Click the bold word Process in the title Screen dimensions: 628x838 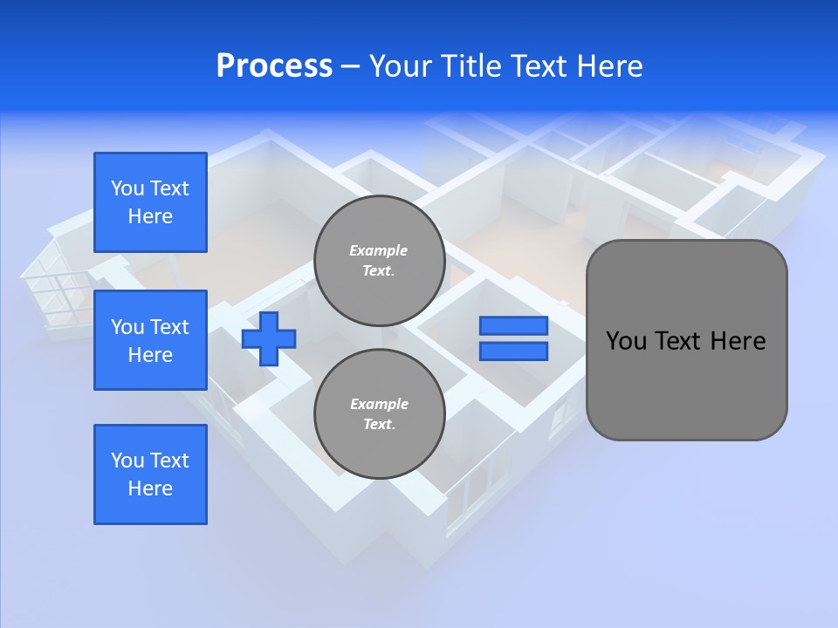[x=274, y=66]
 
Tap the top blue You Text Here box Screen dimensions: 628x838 [x=150, y=202]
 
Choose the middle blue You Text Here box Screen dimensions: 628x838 [x=150, y=340]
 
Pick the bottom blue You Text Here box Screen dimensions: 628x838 [x=150, y=474]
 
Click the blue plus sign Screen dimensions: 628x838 [x=269, y=338]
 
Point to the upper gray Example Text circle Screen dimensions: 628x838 [x=379, y=261]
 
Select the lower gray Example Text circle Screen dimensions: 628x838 [x=379, y=414]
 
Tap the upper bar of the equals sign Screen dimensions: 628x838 [x=513, y=326]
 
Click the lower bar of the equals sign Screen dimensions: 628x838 [x=513, y=352]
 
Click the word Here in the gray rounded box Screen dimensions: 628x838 [x=738, y=341]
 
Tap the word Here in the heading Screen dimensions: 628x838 [x=608, y=66]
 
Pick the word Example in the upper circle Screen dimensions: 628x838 [x=379, y=251]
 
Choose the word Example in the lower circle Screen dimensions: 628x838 [x=379, y=405]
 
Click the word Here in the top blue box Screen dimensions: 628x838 [x=150, y=216]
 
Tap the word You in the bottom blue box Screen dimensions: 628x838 [x=127, y=461]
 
